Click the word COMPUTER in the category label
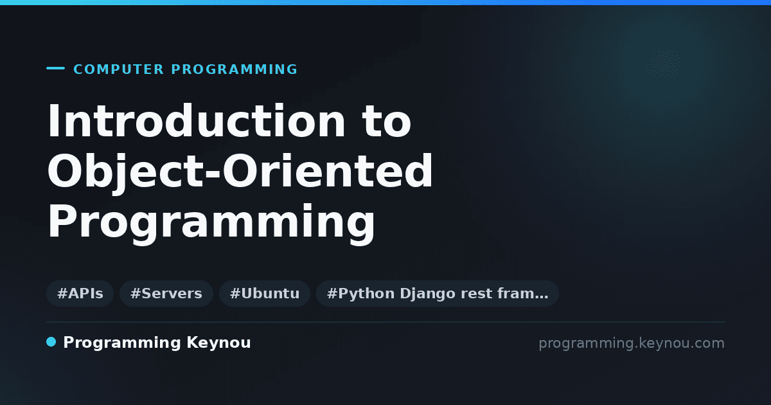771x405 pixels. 118,69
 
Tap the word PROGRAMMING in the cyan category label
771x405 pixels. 234,69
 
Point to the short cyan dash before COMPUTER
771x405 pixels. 55,68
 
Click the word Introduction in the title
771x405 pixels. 196,121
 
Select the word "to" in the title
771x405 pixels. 387,122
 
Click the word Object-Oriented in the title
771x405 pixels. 240,171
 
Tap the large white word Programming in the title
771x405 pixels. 211,222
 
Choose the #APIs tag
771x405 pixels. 80,293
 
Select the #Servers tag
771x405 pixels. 166,293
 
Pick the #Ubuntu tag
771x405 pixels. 265,293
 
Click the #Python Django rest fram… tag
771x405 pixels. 438,293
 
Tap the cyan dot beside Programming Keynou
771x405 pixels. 51,342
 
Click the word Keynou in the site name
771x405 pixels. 218,343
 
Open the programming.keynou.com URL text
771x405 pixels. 632,343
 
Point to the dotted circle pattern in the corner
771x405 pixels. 664,64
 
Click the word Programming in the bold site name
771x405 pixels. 122,343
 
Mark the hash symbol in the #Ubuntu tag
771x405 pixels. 235,293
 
